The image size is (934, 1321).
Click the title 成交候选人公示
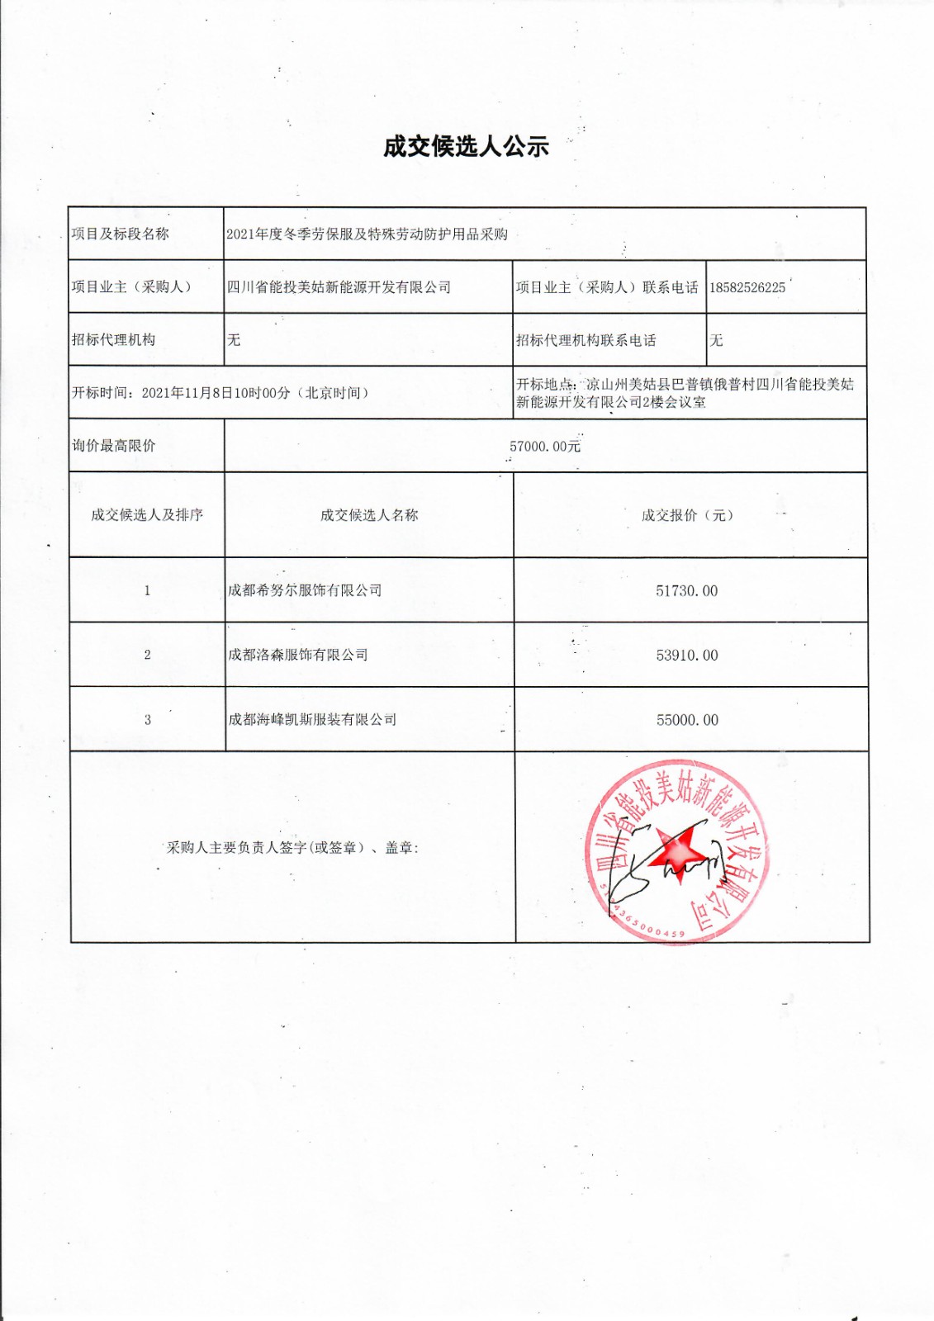466,147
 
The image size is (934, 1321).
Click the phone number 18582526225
747,288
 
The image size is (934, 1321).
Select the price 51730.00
686,591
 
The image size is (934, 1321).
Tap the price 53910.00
686,656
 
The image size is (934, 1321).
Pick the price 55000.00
686,720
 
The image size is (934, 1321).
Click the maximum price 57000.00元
544,447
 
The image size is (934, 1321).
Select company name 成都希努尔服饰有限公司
305,590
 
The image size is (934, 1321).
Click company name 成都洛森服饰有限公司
298,655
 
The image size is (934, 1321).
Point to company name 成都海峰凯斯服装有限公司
312,719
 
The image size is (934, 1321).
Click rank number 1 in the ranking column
147,590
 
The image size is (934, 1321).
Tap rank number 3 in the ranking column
147,720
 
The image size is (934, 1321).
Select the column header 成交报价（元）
687,515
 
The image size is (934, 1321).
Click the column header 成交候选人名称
369,515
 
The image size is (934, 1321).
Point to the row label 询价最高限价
113,446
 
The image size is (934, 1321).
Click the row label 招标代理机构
113,339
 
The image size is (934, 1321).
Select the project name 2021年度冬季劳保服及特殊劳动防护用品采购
367,234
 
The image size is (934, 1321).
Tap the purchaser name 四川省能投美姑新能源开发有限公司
339,287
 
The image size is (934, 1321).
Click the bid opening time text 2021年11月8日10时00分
216,393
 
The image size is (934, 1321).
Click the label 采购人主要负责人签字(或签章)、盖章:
292,848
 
